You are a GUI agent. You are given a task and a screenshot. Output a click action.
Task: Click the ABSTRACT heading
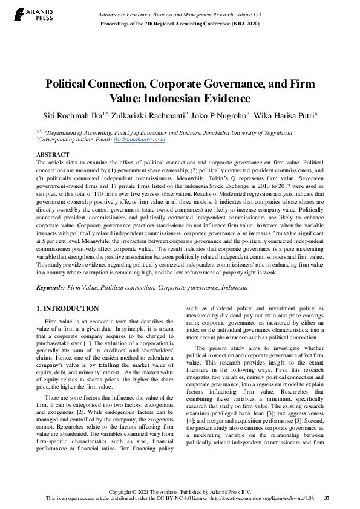(x=53, y=155)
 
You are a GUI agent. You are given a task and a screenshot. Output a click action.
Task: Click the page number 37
(x=327, y=498)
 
